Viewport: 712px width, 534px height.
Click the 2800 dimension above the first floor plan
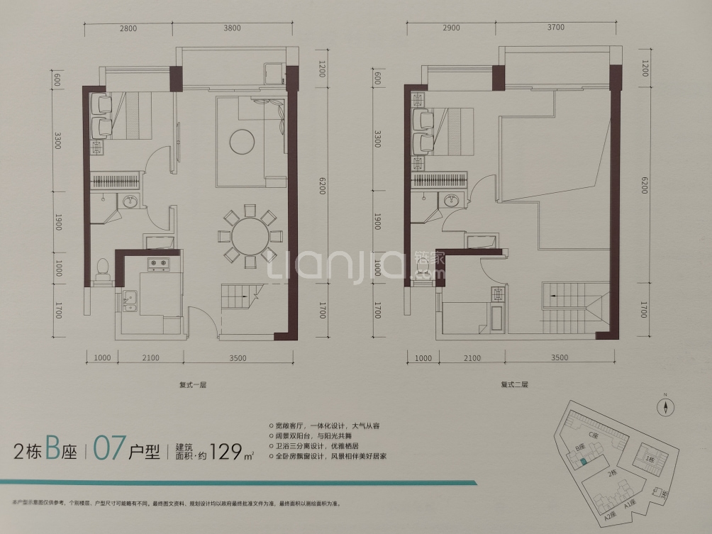[128, 29]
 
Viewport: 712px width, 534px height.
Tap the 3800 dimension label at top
[232, 29]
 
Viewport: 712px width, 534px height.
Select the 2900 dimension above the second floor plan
[451, 28]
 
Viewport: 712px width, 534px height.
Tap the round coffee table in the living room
[241, 139]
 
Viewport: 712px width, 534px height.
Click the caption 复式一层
[192, 385]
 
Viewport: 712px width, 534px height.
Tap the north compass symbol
[667, 406]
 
